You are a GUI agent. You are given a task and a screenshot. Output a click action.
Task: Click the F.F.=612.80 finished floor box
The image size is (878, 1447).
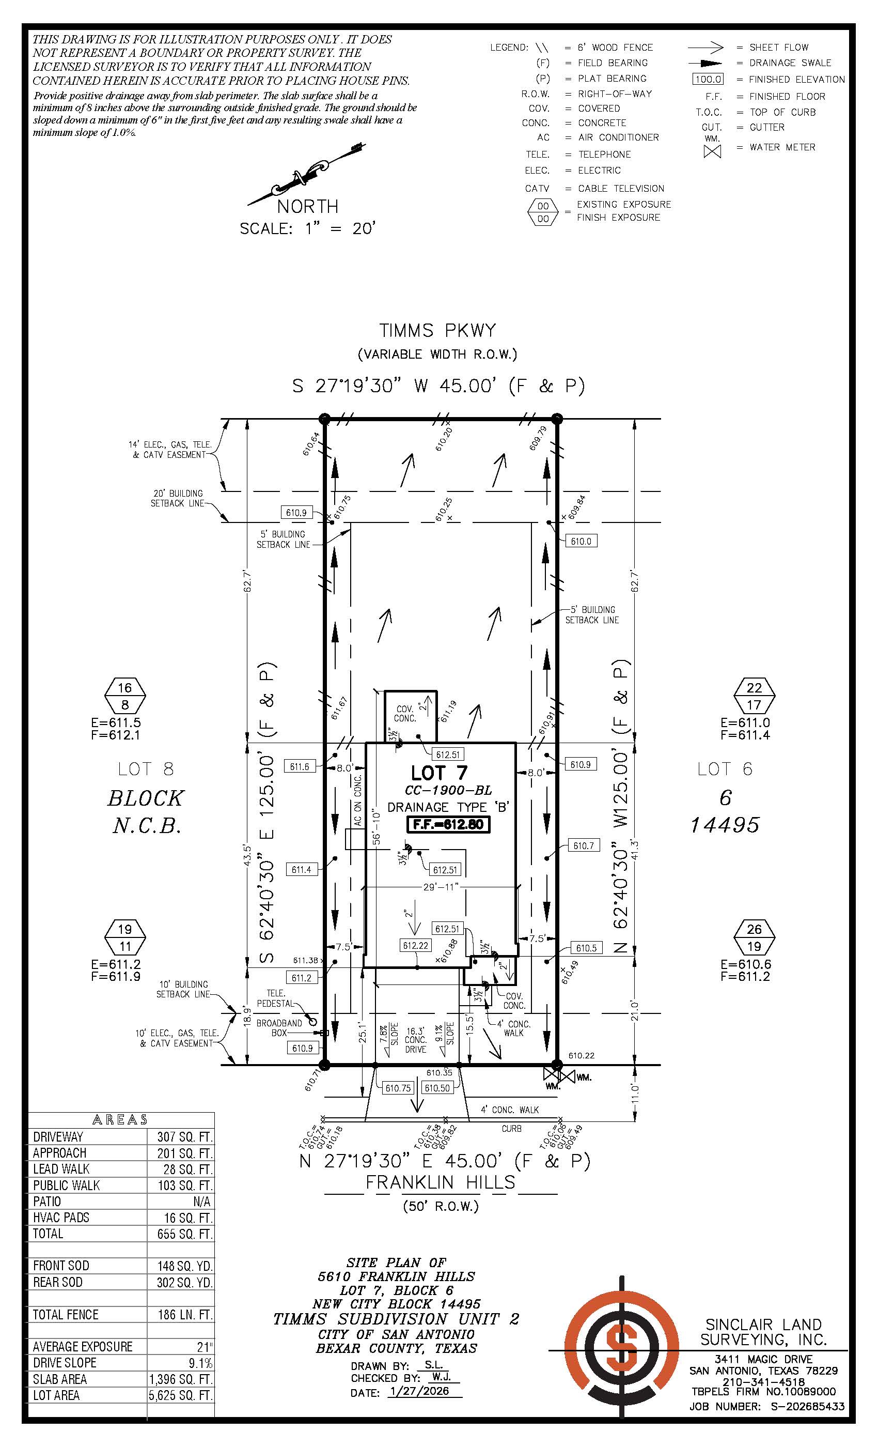coord(448,824)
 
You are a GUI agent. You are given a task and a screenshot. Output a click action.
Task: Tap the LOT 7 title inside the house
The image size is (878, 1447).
coord(439,773)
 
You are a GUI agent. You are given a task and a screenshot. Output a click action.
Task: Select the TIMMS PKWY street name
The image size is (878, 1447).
coord(437,331)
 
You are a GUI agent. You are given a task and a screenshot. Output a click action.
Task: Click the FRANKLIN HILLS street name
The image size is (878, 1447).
coord(440,1182)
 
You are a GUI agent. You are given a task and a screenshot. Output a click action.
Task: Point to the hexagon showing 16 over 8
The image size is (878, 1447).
coord(125,696)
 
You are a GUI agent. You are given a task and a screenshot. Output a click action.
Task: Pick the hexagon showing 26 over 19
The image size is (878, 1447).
coord(754,937)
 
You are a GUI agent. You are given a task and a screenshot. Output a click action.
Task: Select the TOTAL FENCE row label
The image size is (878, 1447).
coord(66,1315)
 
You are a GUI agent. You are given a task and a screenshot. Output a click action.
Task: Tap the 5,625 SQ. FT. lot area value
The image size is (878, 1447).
coord(181,1395)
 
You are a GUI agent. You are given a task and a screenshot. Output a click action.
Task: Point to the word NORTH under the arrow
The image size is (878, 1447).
coord(307,207)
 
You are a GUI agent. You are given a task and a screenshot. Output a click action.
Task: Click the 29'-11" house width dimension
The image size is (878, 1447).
coord(440,887)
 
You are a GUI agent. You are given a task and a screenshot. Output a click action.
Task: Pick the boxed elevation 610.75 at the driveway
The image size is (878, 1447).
coord(398,1088)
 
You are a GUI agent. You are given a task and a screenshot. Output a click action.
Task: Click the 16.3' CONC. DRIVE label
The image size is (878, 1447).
coord(416,1040)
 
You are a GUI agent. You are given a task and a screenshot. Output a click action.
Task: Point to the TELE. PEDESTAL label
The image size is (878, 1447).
coord(275,998)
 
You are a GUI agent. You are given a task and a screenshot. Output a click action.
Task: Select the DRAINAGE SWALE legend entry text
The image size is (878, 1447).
coord(790,63)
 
